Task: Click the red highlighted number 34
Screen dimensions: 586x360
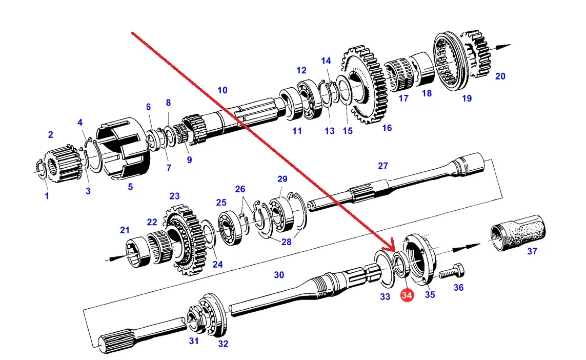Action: point(407,295)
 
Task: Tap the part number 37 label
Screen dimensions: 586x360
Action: point(532,251)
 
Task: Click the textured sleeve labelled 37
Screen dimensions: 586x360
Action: point(518,232)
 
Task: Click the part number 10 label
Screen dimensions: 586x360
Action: point(223,90)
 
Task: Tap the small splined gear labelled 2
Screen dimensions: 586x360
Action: point(63,164)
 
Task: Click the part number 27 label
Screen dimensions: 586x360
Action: point(383,166)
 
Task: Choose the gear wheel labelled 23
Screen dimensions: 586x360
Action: point(185,239)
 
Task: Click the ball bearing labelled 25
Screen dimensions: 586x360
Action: point(230,228)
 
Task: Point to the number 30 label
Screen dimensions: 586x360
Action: point(279,275)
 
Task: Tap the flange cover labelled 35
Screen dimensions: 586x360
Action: point(418,258)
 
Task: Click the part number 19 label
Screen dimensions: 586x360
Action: point(467,98)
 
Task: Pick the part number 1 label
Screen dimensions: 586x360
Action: point(47,195)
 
